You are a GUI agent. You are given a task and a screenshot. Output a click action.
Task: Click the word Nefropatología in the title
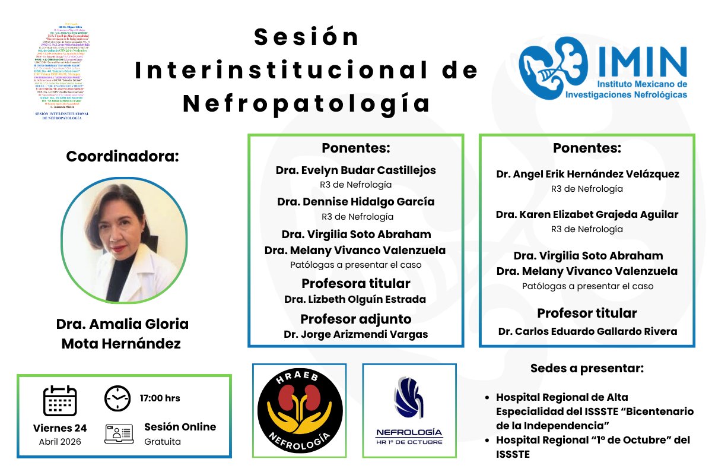tap(306, 103)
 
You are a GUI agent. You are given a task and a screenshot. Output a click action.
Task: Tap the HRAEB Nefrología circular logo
tap(300, 410)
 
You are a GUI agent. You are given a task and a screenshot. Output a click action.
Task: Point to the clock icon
tap(117, 398)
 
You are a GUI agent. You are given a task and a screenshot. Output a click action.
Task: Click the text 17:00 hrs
tap(160, 398)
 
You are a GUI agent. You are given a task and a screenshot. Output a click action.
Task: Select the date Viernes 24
tap(60, 428)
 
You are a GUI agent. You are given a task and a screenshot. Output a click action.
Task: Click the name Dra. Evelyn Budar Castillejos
tap(355, 170)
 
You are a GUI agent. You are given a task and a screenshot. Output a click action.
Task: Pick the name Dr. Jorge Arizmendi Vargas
tap(355, 334)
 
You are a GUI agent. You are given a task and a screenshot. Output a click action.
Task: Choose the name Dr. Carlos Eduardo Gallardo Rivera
tap(587, 331)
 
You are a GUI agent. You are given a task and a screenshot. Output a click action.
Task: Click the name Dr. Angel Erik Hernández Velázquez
tap(587, 174)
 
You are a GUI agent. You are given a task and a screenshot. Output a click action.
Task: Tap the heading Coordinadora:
tap(122, 157)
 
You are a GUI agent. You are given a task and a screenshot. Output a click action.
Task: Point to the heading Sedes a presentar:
tap(587, 368)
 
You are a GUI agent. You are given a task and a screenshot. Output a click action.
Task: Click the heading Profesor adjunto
tap(355, 319)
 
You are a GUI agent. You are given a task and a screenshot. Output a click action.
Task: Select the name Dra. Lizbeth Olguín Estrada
tap(355, 299)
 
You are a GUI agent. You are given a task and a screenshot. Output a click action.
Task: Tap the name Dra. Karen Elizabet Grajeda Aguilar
tap(587, 214)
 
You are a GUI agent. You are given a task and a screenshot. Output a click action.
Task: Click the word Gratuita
tap(162, 442)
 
